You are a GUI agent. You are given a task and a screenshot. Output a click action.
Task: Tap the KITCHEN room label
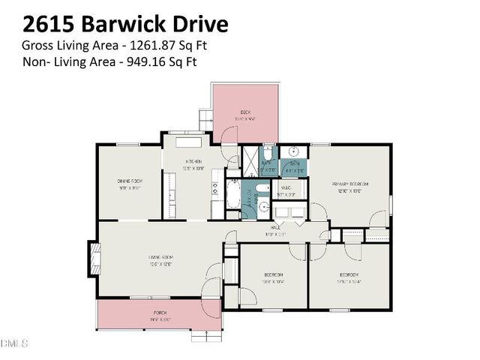coord(194,160)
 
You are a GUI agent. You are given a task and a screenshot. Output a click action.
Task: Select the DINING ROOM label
coord(130,181)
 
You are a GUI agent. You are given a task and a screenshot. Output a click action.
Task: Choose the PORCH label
coord(160,311)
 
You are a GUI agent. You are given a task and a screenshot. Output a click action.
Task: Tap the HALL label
coord(275,226)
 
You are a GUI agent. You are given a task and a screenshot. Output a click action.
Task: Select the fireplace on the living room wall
coord(93,257)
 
